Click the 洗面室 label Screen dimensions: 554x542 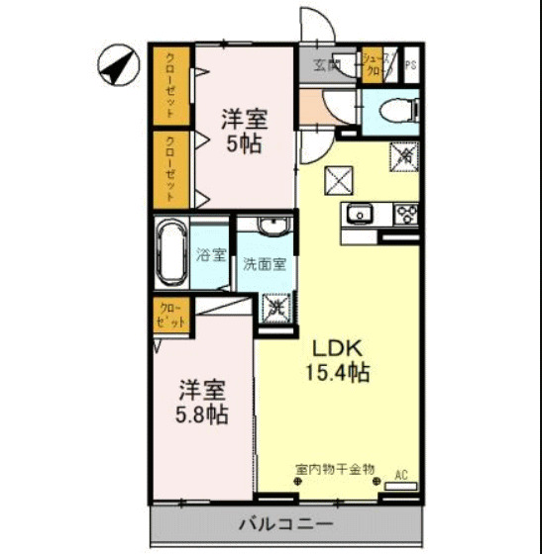(265, 264)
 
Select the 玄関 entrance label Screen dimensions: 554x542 (327, 66)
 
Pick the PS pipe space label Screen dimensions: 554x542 (410, 67)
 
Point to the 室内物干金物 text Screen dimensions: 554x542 (334, 468)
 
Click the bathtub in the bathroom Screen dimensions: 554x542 (170, 252)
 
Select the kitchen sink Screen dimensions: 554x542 (358, 213)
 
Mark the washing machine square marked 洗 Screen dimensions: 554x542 (277, 308)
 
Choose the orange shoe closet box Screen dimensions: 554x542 (376, 65)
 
